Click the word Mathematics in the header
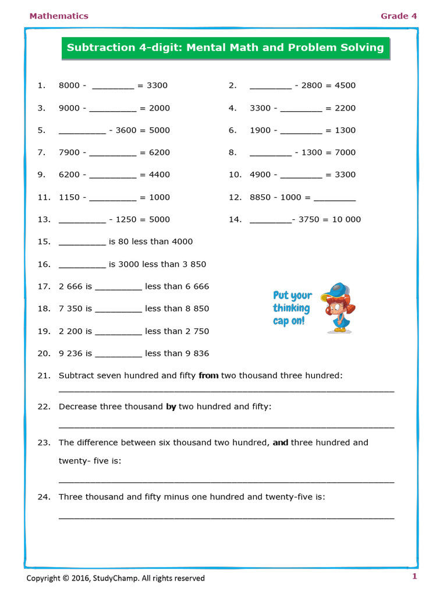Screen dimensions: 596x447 tap(59, 16)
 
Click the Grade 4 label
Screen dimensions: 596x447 tap(399, 16)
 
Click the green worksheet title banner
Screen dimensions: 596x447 tap(225, 48)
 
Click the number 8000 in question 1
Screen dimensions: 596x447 tap(69, 86)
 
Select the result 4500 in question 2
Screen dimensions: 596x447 tap(345, 86)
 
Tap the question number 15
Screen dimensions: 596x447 tap(44, 242)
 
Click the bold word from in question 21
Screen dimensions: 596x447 tap(208, 376)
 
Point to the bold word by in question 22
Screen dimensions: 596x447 tap(171, 407)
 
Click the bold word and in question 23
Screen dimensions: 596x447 tap(281, 442)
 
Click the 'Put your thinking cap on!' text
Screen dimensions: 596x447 tap(292, 308)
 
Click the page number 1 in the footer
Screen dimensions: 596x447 tap(414, 577)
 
